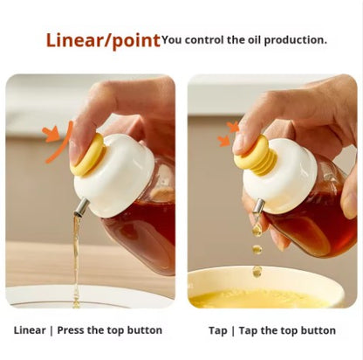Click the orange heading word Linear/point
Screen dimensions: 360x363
click(x=103, y=39)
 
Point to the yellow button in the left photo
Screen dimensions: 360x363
click(x=87, y=154)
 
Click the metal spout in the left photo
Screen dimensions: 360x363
click(x=79, y=206)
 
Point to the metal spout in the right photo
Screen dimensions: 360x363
click(x=258, y=207)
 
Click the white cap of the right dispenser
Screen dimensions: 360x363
click(x=277, y=175)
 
